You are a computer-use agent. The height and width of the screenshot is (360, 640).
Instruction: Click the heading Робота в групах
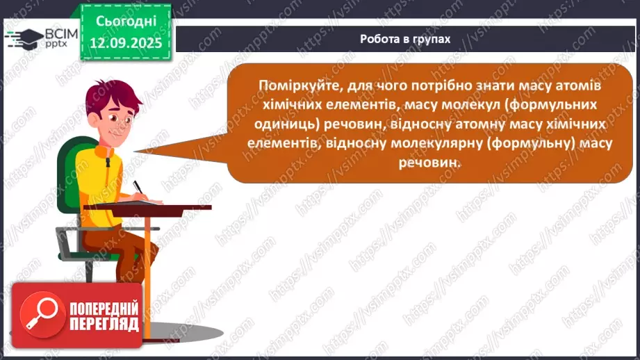pos(405,39)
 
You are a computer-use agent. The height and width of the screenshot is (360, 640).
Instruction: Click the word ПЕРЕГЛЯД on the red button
pos(104,323)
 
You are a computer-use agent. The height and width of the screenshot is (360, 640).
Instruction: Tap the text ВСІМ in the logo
pos(56,33)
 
